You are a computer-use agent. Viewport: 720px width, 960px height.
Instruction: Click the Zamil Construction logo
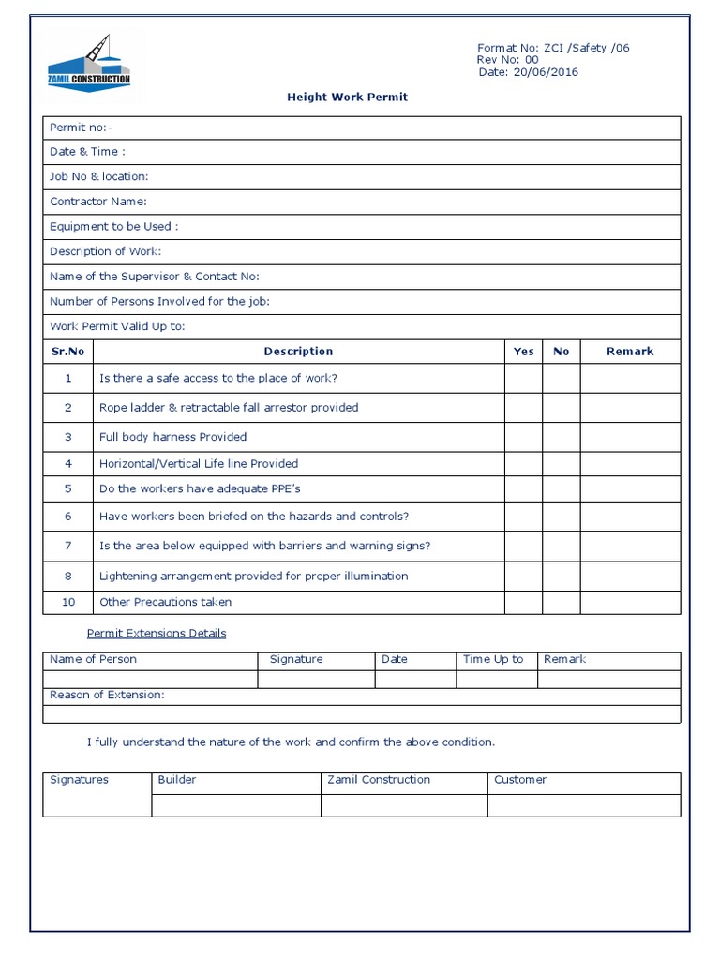[89, 63]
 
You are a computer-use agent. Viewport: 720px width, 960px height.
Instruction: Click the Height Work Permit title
[347, 97]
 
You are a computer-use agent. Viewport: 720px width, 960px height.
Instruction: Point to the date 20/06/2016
[546, 72]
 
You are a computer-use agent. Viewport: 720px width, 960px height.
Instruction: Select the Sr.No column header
[67, 352]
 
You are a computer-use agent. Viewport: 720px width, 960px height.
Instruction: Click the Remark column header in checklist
[630, 352]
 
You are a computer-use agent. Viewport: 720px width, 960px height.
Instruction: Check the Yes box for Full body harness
[523, 437]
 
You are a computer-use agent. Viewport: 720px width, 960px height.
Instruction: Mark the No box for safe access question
[561, 378]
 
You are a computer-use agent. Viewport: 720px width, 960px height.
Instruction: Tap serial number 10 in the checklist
[67, 602]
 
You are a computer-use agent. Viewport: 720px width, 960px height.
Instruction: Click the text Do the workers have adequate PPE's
[200, 488]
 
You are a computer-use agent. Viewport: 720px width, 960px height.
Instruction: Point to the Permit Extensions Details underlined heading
[157, 634]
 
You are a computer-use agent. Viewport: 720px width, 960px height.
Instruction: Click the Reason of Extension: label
[107, 696]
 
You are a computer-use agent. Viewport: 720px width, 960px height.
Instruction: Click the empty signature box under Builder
[235, 804]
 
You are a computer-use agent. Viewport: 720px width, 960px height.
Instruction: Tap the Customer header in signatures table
[520, 780]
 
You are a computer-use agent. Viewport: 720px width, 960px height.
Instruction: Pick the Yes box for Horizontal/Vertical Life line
[523, 463]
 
